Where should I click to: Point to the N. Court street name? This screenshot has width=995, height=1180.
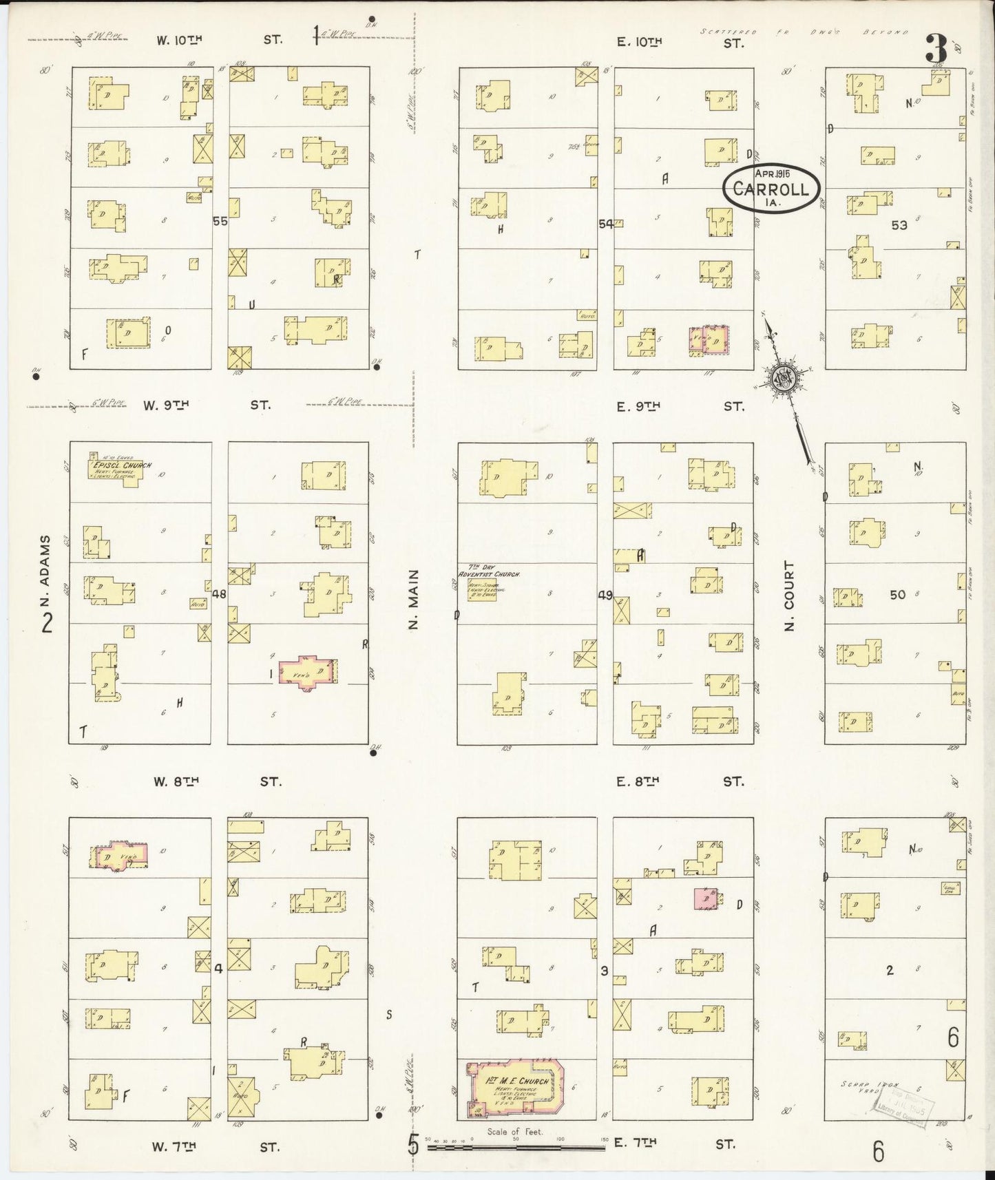point(789,595)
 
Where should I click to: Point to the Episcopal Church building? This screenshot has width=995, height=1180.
point(114,470)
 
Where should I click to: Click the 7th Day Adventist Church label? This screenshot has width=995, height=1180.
point(489,573)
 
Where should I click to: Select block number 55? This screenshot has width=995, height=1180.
point(220,222)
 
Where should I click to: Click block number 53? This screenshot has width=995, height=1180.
point(899,225)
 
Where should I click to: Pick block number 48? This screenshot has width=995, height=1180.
point(220,593)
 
